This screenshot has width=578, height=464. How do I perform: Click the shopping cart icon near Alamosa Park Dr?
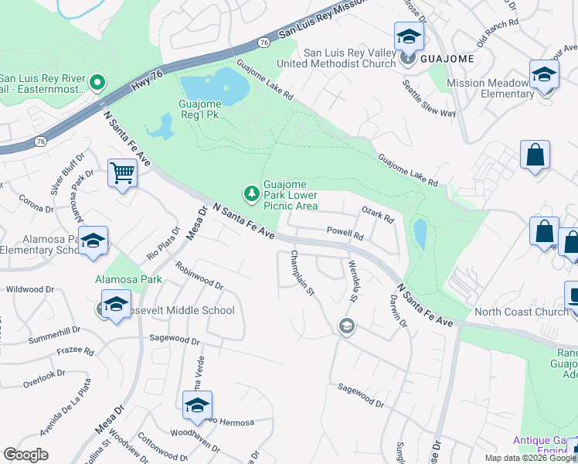tap(122, 173)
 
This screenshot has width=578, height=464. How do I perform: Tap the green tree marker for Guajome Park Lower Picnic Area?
tap(250, 192)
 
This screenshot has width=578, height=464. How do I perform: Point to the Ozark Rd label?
tap(377, 214)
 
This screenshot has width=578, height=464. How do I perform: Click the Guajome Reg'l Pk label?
tap(211, 109)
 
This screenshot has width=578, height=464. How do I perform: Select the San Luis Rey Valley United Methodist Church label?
tap(350, 58)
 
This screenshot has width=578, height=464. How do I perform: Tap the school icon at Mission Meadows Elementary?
tap(545, 75)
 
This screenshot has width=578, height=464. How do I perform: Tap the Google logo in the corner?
tap(25, 455)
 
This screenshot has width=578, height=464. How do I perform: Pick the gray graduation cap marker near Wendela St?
tap(346, 326)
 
